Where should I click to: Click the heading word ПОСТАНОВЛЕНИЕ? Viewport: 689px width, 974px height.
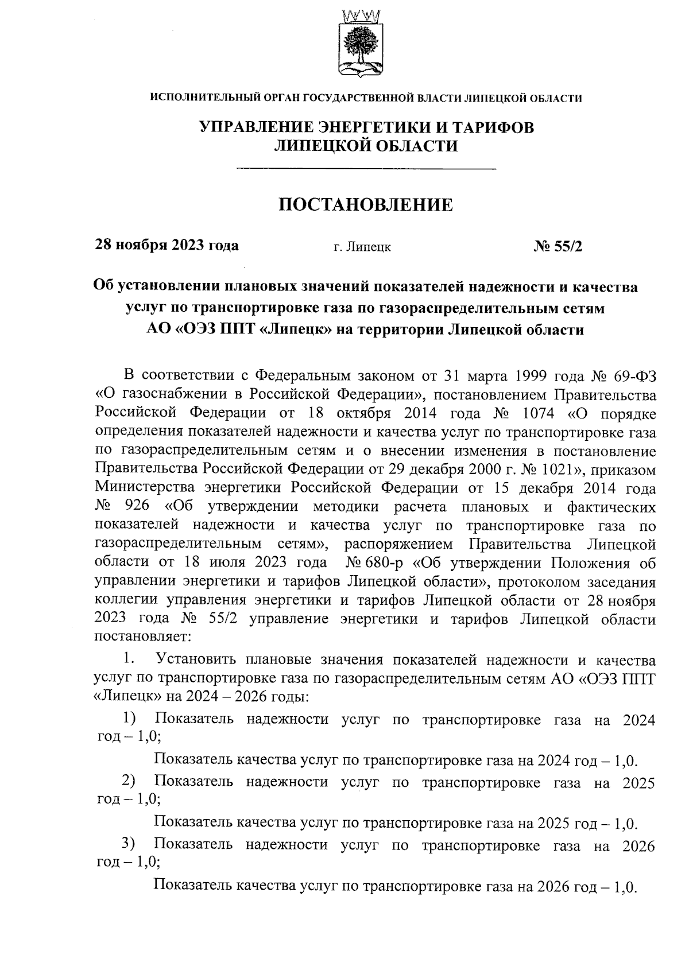(x=366, y=205)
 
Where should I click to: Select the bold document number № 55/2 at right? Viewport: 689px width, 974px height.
(x=558, y=246)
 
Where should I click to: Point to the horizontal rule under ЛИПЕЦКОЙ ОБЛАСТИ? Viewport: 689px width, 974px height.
(x=366, y=168)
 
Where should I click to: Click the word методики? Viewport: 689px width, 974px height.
(x=346, y=506)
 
